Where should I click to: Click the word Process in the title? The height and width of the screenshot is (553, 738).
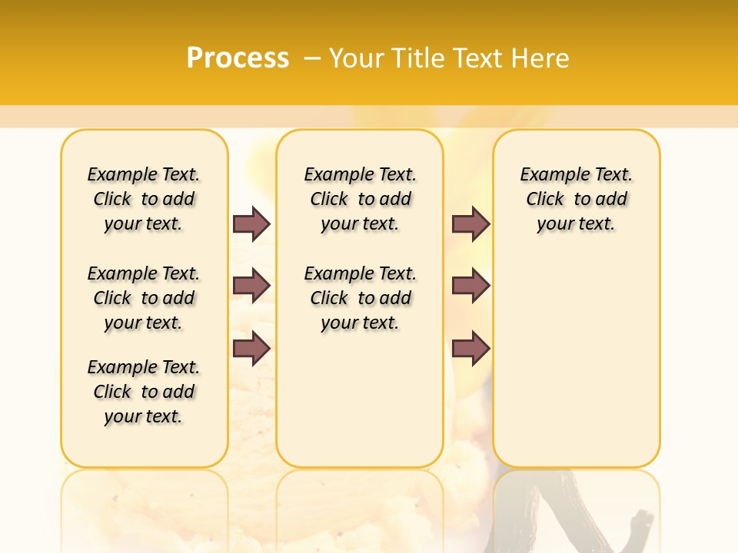tap(238, 58)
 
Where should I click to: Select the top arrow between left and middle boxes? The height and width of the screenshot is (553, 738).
tap(251, 224)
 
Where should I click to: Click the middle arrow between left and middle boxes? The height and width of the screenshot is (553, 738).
tap(251, 286)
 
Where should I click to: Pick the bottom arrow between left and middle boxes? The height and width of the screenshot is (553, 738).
tap(251, 349)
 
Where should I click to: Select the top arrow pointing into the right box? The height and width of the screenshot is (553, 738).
tap(470, 224)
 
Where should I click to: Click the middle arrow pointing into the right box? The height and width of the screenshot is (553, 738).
tap(470, 286)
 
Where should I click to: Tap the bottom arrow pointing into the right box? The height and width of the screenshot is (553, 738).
tap(470, 349)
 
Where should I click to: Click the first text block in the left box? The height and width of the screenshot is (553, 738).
tap(144, 199)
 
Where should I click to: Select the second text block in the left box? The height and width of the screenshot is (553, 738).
tap(144, 298)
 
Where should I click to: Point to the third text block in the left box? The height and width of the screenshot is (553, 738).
tap(144, 392)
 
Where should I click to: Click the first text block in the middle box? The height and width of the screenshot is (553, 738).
tap(360, 199)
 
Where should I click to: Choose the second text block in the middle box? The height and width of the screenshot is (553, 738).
tap(360, 298)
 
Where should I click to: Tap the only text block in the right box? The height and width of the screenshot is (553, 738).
tap(576, 199)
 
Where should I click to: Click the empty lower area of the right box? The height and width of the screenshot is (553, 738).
tap(576, 361)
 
